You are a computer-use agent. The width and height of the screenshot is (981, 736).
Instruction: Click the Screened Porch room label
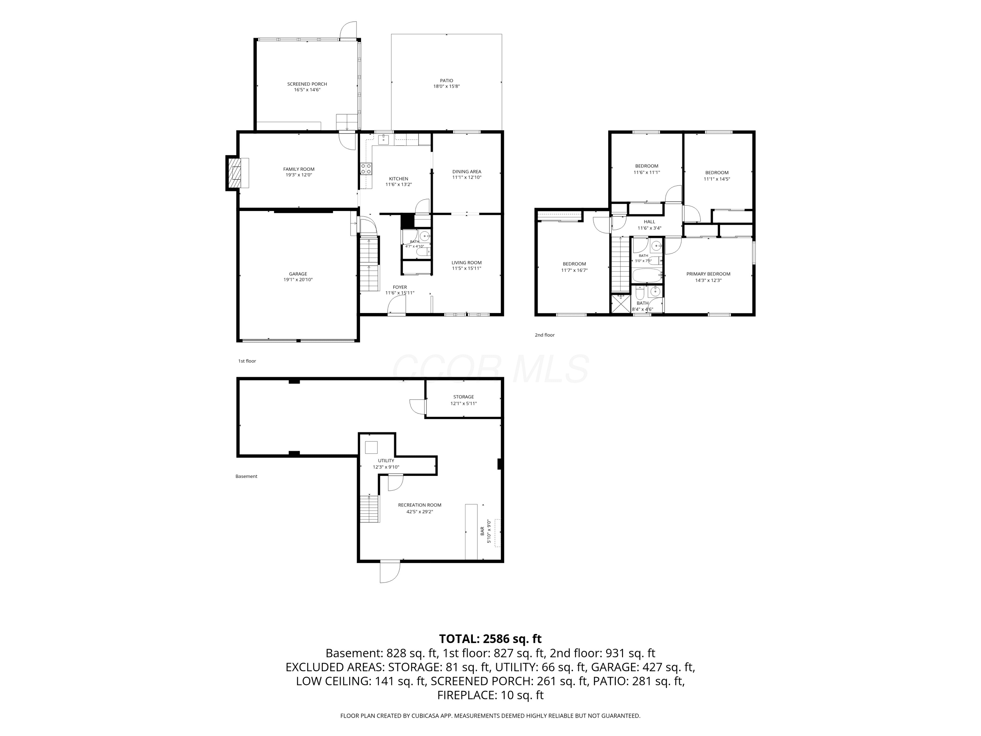coord(307,84)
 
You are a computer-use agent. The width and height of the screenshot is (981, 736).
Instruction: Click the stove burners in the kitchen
coord(366,168)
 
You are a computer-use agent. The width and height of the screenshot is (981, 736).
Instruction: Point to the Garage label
coord(298,274)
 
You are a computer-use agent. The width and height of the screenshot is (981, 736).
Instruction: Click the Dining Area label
coord(467,172)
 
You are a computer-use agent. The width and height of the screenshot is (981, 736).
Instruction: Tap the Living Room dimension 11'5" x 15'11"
coord(467,269)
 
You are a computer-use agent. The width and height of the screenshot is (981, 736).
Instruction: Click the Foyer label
coord(400,287)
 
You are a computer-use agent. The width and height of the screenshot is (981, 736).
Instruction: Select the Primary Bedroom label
coord(708,274)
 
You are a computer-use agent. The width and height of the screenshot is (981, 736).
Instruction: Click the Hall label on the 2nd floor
coord(649,222)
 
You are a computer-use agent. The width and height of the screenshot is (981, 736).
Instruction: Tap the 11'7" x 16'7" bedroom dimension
coord(574,270)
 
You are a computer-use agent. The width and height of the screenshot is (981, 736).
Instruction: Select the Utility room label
coord(386,461)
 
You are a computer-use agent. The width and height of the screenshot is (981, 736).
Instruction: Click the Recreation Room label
coord(420,505)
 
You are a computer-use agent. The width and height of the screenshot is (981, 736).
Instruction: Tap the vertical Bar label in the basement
coord(483,531)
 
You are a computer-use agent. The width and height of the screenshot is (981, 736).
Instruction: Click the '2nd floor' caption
coord(544,335)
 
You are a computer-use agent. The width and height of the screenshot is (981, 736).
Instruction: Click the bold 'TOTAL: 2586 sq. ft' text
coord(490,639)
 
